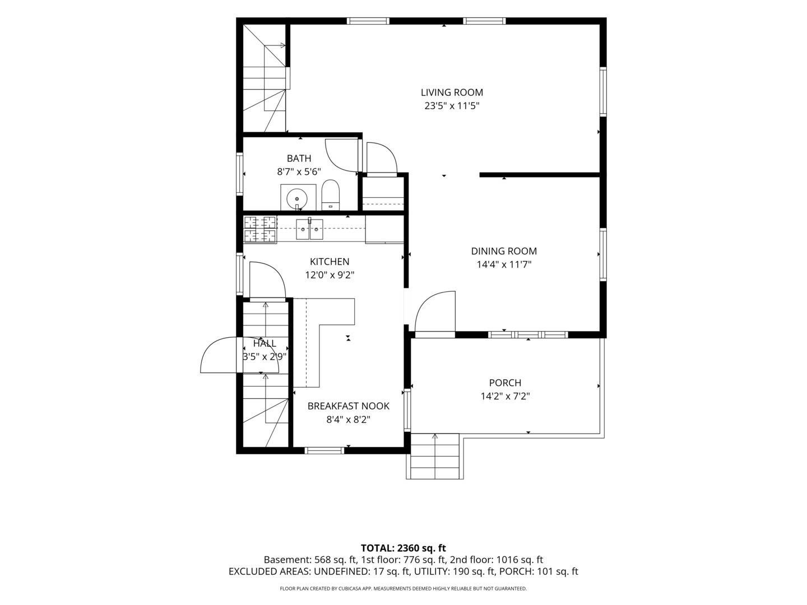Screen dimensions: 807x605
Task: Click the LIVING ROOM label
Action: tap(452, 92)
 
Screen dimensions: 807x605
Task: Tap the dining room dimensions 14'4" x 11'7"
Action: tap(504, 264)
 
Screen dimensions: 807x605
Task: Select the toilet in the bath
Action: tap(330, 195)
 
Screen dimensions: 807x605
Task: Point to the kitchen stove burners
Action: tap(260, 229)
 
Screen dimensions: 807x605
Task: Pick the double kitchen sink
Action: tap(309, 229)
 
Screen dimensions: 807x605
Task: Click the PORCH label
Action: tap(505, 383)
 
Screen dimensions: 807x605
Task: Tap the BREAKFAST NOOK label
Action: tap(348, 406)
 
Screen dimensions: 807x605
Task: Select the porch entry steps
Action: tap(435, 456)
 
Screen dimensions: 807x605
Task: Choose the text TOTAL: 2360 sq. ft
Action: tap(403, 548)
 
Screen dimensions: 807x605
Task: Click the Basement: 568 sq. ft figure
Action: tap(310, 560)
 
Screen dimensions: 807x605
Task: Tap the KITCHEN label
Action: tap(330, 262)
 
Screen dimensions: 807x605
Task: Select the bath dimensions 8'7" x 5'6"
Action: tap(299, 171)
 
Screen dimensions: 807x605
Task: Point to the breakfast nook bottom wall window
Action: tap(324, 450)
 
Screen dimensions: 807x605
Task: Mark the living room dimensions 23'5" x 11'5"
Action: tap(452, 106)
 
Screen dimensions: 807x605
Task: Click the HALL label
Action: tap(265, 343)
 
